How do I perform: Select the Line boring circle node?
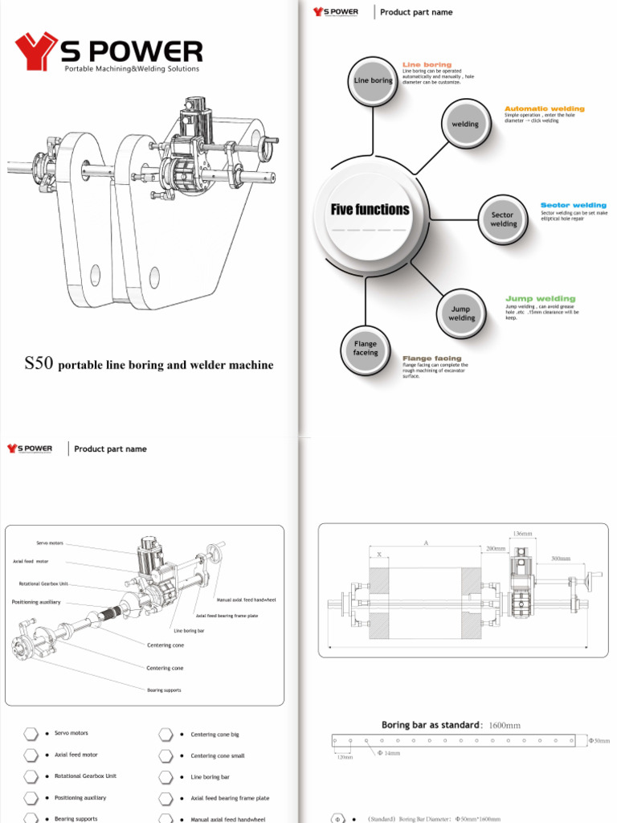373,80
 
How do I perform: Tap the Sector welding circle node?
503,219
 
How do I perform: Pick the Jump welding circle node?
461,313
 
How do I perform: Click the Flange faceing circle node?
366,349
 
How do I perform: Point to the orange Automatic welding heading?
544,109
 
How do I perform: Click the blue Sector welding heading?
573,205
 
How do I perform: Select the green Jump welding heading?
540,299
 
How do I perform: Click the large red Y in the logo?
35,52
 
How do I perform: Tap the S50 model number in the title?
39,364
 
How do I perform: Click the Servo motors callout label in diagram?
49,543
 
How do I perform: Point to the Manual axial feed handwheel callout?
246,600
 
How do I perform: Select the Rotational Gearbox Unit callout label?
43,583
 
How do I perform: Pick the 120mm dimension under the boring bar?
344,757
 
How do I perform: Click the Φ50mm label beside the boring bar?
599,740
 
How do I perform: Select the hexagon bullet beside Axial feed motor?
31,755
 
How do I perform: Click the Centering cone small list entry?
217,755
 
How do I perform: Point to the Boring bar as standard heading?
431,725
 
